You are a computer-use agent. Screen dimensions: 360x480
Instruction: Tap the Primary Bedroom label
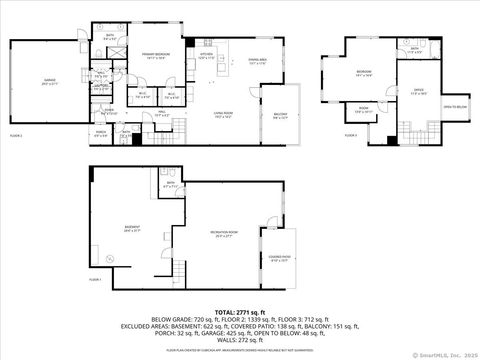coord(154,54)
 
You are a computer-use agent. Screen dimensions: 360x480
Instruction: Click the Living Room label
coord(222,115)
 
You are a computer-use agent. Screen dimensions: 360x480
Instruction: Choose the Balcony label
coord(280,115)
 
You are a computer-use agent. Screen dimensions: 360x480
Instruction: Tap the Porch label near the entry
coord(101,131)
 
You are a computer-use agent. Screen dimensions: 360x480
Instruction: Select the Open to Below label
coord(455,105)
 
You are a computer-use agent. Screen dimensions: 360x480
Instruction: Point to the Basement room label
coord(131,226)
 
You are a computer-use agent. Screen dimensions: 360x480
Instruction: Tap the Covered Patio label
coord(280,258)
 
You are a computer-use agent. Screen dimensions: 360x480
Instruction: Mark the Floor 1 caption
coord(96,280)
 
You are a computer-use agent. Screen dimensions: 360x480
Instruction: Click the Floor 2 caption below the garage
coord(16,133)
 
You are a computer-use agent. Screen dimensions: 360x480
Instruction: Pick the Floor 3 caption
coord(335,133)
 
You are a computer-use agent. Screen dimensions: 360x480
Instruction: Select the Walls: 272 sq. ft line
coord(240,340)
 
